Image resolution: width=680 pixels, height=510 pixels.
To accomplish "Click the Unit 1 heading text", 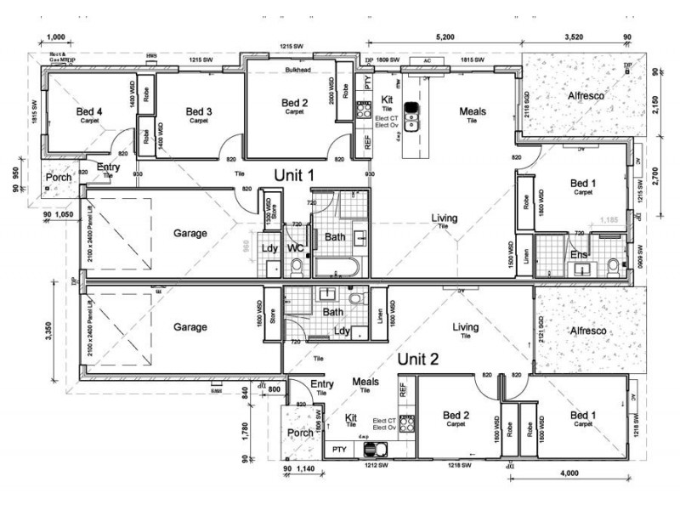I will [x=294, y=174].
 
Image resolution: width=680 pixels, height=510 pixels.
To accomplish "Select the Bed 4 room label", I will [x=89, y=111].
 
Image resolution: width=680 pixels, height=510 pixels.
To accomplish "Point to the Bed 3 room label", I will [x=199, y=111].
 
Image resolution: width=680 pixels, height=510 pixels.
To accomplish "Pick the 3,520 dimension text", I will [x=575, y=38].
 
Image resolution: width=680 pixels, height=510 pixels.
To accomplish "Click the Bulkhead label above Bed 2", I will [x=299, y=71].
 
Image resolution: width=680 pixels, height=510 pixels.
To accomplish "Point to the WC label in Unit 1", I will [x=296, y=248].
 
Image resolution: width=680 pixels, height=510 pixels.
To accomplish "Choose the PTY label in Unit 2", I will [x=339, y=448].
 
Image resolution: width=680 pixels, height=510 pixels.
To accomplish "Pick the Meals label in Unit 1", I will [x=473, y=111].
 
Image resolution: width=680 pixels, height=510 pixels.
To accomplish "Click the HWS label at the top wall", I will [x=151, y=56].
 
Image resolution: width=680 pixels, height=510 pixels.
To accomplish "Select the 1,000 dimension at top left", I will [x=57, y=38].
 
